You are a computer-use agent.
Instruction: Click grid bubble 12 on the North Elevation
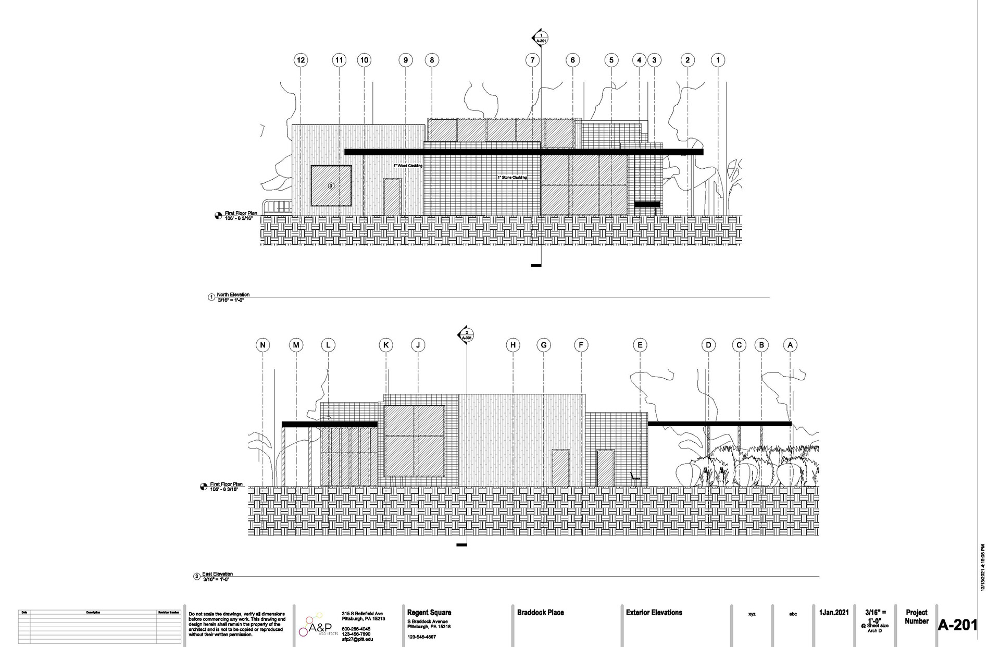[x=301, y=60]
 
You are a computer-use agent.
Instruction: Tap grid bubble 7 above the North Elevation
[x=532, y=60]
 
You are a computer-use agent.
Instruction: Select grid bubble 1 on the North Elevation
[x=718, y=60]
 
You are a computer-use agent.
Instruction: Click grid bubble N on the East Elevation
[x=263, y=345]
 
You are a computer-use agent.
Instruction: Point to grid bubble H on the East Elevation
[x=513, y=345]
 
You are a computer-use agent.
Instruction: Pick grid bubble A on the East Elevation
[x=790, y=345]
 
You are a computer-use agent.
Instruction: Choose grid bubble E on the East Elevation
[x=640, y=345]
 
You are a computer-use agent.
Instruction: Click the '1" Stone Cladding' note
[x=512, y=178]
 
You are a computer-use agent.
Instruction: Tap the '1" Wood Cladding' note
[x=408, y=166]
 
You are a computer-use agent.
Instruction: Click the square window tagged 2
[x=331, y=185]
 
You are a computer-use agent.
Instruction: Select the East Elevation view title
[x=221, y=574]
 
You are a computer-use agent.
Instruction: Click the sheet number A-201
[x=957, y=625]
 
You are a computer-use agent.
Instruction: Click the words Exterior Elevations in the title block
[x=654, y=613]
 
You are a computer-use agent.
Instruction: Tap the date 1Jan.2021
[x=834, y=613]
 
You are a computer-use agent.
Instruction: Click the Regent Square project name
[x=429, y=613]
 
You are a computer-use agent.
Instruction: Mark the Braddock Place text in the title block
[x=540, y=613]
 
